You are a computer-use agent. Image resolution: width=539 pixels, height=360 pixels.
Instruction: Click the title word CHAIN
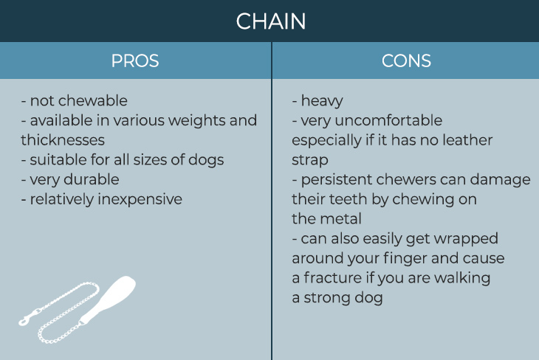[x=271, y=21]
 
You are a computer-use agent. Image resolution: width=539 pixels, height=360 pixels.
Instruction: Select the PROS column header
[x=135, y=60]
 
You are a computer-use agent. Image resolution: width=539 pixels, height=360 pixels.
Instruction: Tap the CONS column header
[x=406, y=60]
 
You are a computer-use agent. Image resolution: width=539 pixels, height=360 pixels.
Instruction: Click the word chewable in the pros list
[x=93, y=100]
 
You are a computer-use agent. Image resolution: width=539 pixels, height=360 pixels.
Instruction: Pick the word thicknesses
[x=63, y=140]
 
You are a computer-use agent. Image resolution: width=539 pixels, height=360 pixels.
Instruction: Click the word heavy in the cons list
[x=322, y=101]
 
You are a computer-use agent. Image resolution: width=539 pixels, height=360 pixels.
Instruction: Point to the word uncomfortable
[x=388, y=120]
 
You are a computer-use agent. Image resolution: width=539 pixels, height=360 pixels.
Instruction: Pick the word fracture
[x=332, y=278]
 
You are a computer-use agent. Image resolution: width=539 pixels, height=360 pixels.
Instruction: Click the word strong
[x=326, y=298]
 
